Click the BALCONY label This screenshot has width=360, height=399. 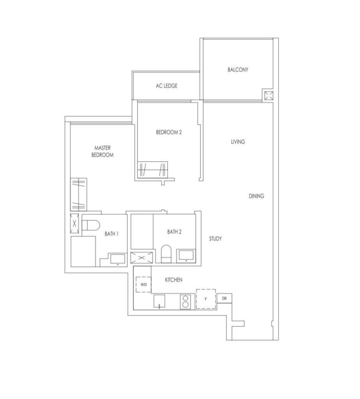[x=238, y=69]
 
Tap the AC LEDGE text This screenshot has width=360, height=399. [x=166, y=86]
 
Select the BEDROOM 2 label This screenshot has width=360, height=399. [x=169, y=132]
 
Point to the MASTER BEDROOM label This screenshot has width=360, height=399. [x=102, y=152]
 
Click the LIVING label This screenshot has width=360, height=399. [x=238, y=142]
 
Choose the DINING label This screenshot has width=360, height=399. [x=256, y=196]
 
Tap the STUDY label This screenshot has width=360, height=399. [x=215, y=239]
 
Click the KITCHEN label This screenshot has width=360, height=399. [x=173, y=280]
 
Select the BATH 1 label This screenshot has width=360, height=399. [x=111, y=234]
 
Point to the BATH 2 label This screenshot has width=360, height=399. [x=174, y=231]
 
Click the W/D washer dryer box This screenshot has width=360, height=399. [x=143, y=284]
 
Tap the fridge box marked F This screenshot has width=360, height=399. [x=206, y=299]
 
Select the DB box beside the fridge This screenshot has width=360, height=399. [x=224, y=298]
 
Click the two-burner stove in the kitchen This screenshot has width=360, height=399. [x=185, y=302]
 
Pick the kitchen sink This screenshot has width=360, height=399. [x=159, y=301]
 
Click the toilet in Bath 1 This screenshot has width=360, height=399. [x=91, y=225]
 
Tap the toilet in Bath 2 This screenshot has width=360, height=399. [x=166, y=254]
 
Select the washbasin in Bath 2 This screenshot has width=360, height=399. [x=186, y=256]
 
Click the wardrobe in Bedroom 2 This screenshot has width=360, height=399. [x=152, y=169]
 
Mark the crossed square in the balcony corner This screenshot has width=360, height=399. [x=269, y=96]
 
